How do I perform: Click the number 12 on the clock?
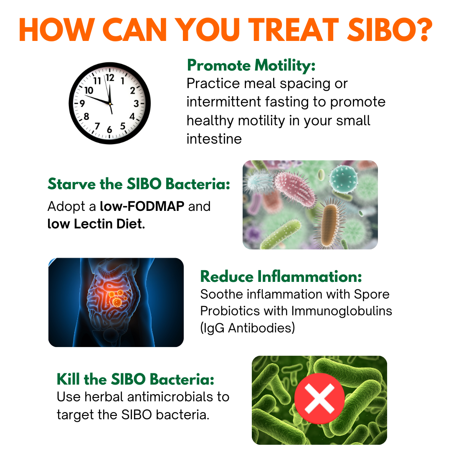(110, 78)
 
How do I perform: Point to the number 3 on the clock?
(136, 104)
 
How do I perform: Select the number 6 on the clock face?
(109, 130)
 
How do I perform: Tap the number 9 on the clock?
(83, 104)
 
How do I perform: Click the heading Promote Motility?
(251, 65)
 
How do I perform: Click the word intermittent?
(223, 102)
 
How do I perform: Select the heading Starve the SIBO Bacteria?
(139, 184)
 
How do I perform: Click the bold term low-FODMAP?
(142, 206)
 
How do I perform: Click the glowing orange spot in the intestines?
(117, 302)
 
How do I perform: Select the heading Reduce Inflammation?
(281, 276)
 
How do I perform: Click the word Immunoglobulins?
(342, 311)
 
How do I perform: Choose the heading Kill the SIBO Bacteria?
(135, 379)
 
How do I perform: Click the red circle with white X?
(319, 399)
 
